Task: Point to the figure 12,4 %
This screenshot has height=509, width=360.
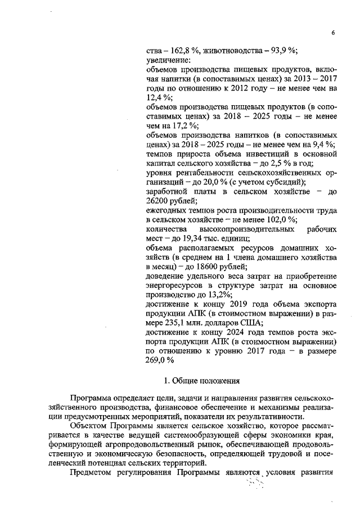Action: tap(159, 97)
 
